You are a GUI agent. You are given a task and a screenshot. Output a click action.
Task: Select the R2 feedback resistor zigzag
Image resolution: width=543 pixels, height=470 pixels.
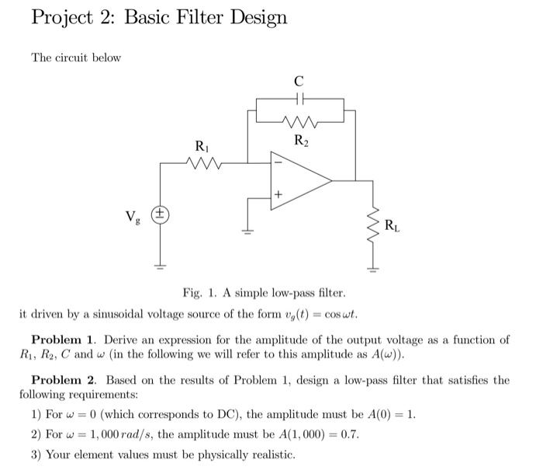300,121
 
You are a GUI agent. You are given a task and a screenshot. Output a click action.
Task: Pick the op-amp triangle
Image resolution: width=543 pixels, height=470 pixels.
299,180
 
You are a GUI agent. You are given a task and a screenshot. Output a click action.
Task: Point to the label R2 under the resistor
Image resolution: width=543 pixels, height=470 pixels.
300,141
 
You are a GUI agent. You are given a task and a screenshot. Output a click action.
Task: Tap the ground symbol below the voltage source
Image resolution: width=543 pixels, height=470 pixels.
161,266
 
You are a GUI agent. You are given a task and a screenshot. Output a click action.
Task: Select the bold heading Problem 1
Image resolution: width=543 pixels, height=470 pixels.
63,340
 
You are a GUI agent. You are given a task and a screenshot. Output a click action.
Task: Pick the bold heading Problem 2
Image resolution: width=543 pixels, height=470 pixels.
63,380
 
